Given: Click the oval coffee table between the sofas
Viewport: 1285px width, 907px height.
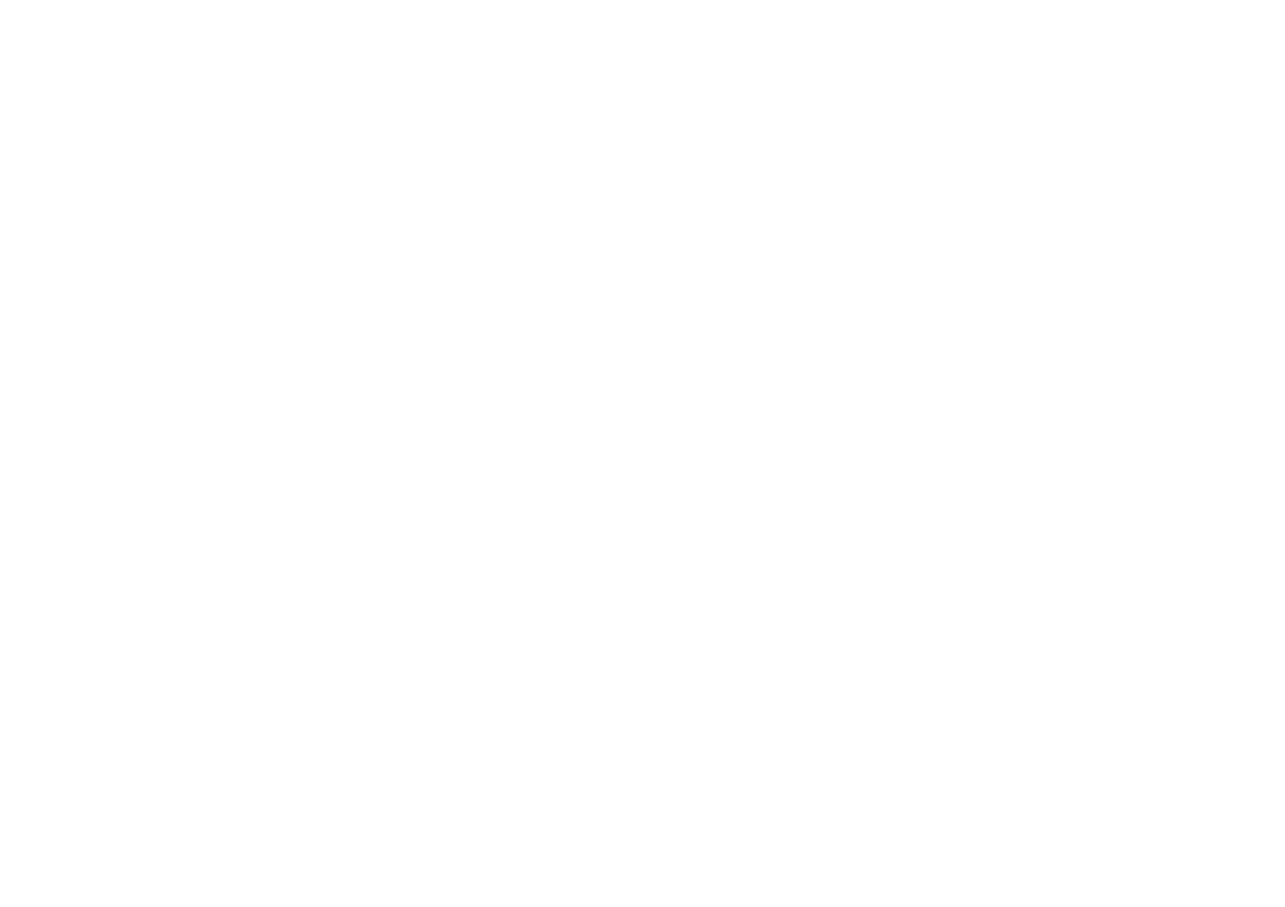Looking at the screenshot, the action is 1028,577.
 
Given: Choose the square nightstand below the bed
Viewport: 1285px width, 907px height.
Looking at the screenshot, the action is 62,207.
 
